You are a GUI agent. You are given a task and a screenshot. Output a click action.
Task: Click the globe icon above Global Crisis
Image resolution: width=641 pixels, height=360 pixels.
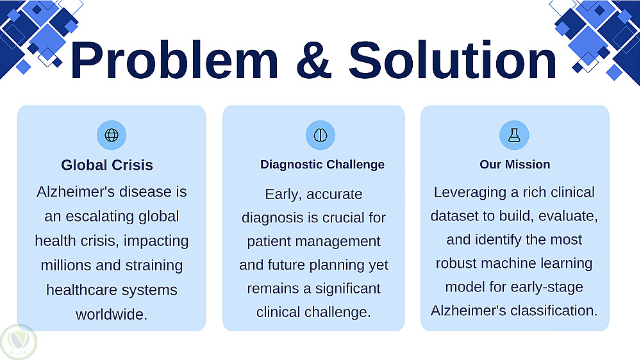click(x=112, y=135)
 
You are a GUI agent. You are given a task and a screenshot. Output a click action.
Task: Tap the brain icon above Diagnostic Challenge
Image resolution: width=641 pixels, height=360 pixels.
click(x=320, y=135)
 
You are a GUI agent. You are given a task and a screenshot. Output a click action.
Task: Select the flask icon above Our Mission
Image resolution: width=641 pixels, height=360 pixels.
click(x=514, y=135)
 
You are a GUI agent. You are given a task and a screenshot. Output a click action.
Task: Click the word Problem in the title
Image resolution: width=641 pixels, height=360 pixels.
click(x=174, y=60)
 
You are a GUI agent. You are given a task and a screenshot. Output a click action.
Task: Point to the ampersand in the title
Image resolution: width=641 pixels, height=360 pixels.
click(x=313, y=60)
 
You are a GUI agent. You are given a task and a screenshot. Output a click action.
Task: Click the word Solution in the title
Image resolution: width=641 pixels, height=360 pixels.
click(x=452, y=60)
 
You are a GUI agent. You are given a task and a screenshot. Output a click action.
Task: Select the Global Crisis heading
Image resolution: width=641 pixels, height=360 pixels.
click(x=107, y=165)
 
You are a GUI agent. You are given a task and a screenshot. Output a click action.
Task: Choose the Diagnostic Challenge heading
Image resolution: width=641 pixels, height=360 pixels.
click(x=322, y=164)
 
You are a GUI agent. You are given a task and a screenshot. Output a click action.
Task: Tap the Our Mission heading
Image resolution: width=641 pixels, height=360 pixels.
click(x=515, y=164)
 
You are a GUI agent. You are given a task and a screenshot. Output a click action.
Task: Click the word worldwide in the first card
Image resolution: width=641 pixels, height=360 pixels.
click(x=112, y=315)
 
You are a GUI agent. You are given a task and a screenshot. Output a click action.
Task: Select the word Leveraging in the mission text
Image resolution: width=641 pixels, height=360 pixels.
click(x=470, y=192)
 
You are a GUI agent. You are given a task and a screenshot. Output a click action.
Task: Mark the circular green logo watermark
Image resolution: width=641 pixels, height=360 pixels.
click(x=19, y=342)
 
